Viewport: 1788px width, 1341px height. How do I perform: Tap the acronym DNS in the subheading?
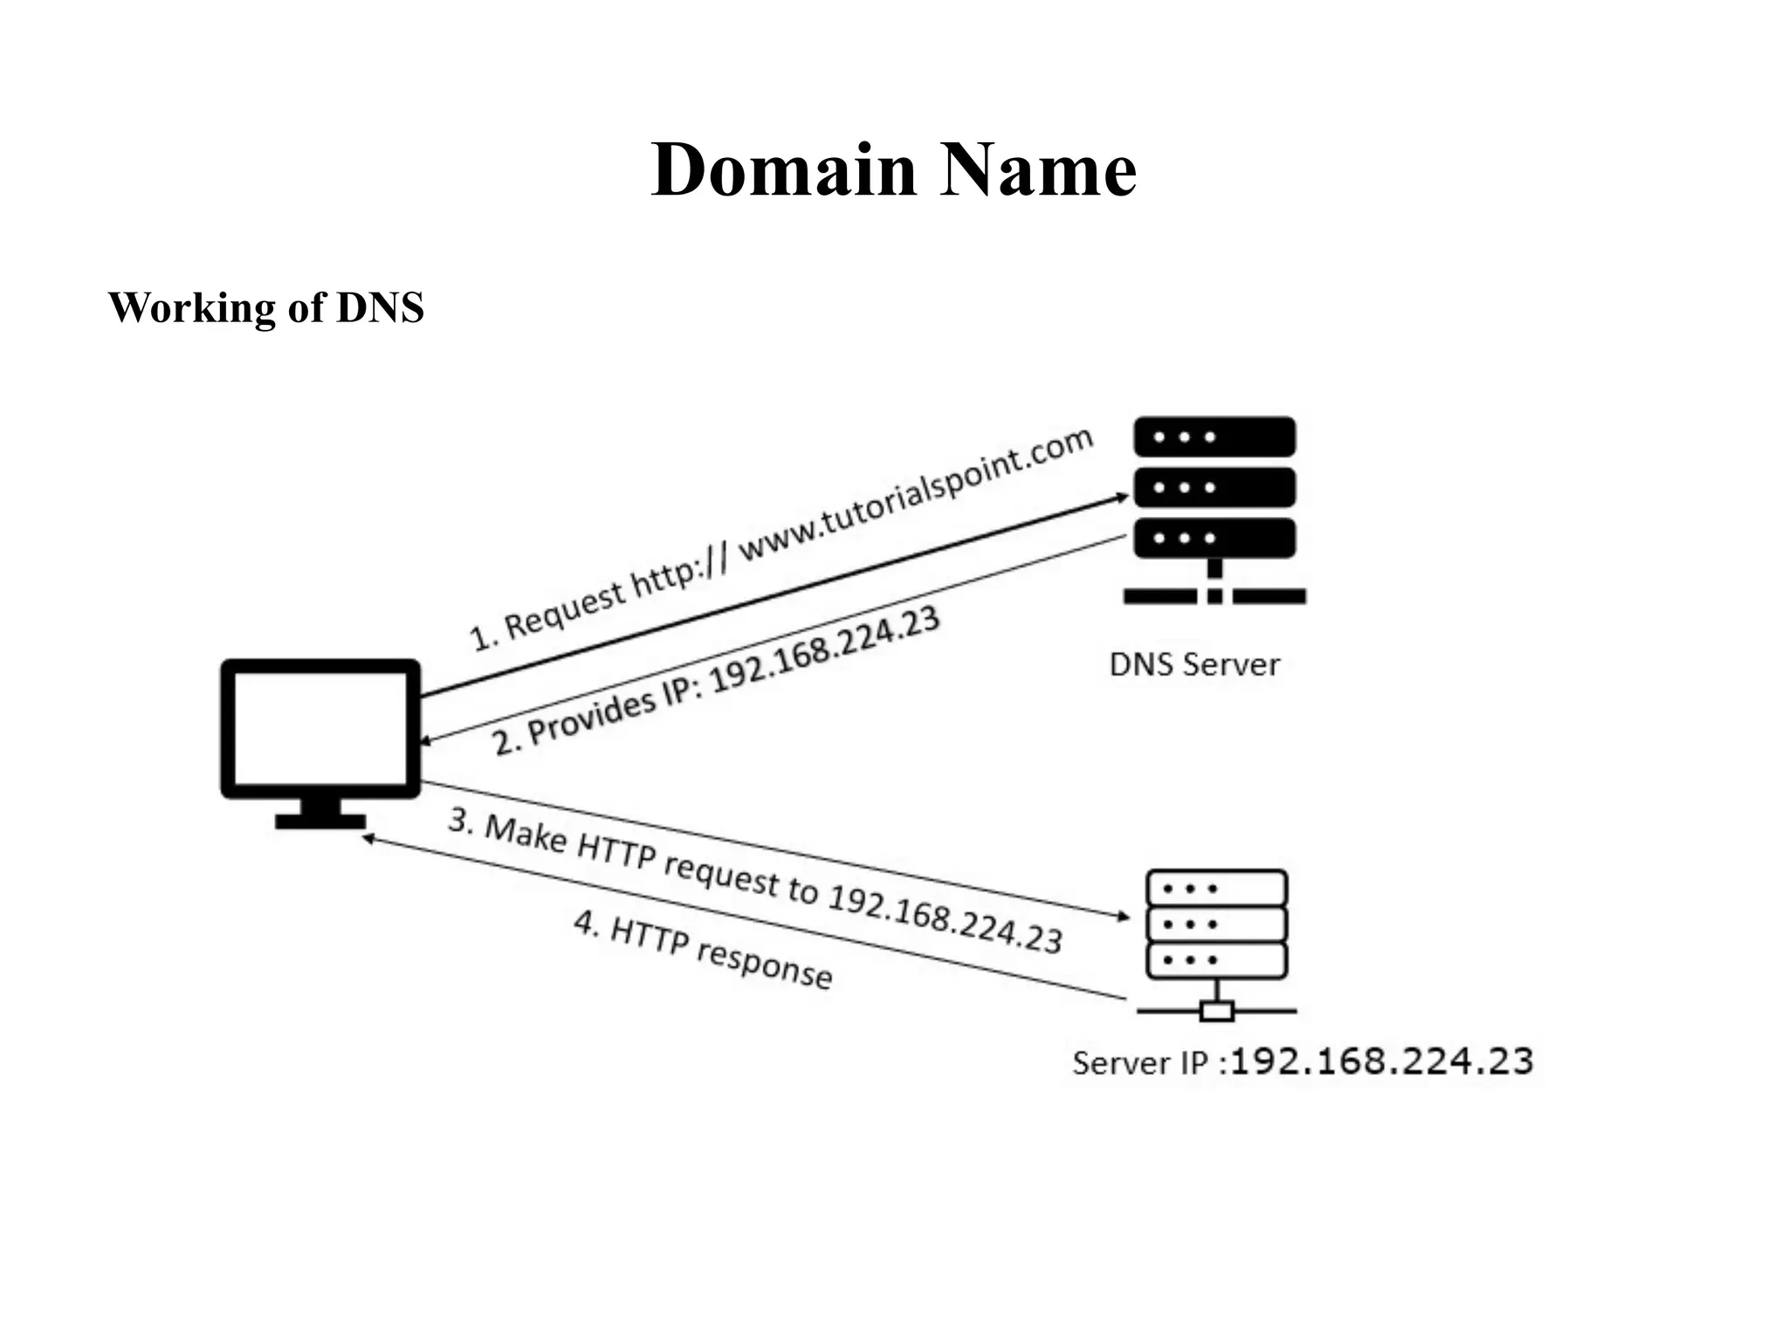click(380, 308)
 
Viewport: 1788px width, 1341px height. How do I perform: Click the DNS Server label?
click(1193, 665)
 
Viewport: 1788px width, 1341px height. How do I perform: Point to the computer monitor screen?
click(320, 728)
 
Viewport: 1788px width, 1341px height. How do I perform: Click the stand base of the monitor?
click(320, 822)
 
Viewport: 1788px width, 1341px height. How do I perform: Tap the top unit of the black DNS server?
click(1214, 437)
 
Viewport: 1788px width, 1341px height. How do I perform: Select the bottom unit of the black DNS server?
click(1214, 538)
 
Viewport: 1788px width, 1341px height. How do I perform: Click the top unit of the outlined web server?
click(1216, 888)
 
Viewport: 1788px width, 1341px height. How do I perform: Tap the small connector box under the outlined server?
click(1216, 1011)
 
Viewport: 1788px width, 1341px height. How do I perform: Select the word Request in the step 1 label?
click(565, 610)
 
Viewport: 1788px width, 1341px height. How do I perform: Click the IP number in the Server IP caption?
click(1381, 1062)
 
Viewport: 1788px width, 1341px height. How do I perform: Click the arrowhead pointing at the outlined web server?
click(1124, 916)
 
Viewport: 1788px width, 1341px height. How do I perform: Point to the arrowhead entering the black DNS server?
click(1123, 498)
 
